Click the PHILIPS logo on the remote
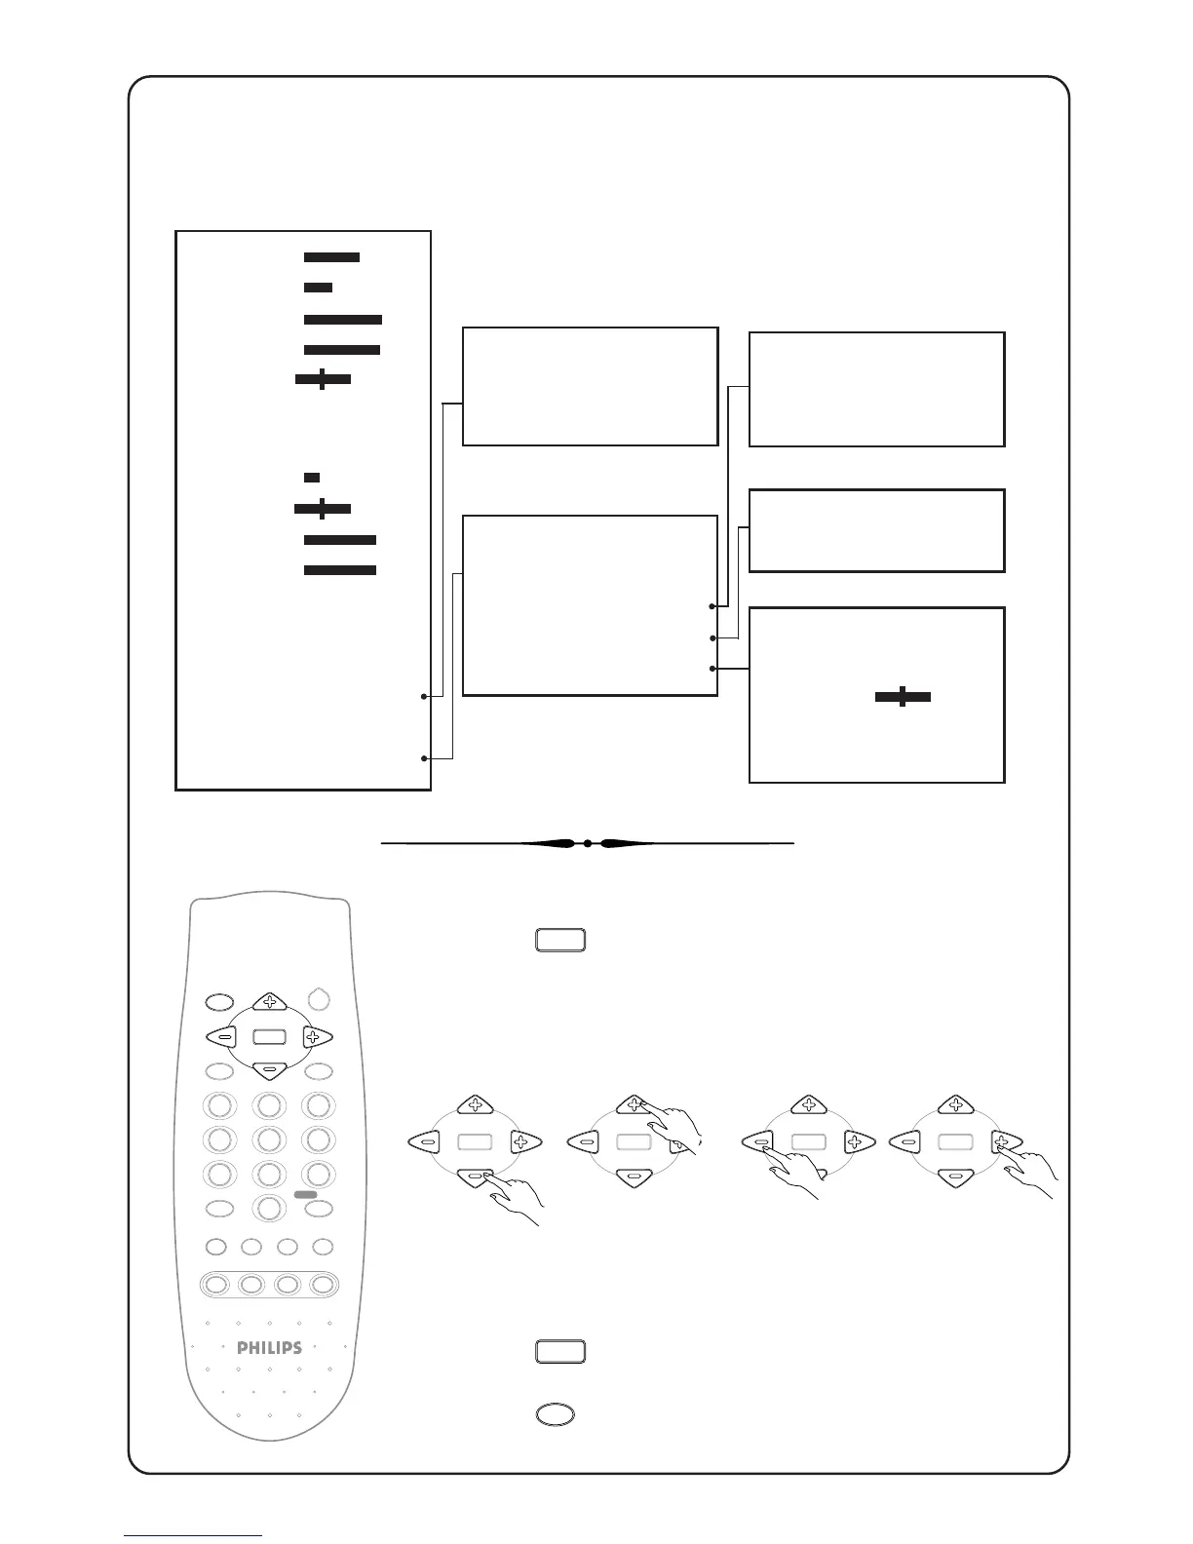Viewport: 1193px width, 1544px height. tap(270, 1348)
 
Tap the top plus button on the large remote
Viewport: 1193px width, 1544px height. tap(269, 1001)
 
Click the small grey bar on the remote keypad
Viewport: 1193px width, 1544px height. tap(305, 1194)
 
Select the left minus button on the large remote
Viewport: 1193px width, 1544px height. tap(223, 1037)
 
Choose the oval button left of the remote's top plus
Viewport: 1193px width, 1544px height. tap(220, 1001)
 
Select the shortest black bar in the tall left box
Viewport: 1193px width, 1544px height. tap(312, 477)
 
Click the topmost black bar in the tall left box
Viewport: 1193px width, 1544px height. tap(331, 257)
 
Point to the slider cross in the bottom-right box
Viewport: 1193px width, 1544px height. tap(903, 696)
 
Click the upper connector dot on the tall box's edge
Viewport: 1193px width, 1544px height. tap(424, 696)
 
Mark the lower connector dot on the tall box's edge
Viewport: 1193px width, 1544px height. tap(424, 758)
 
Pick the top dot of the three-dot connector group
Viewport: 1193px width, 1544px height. tap(713, 606)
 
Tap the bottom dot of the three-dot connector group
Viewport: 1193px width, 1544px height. tap(713, 669)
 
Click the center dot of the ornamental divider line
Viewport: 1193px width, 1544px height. tap(588, 843)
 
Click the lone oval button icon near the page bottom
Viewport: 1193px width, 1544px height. tap(555, 1414)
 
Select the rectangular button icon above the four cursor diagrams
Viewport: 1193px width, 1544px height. tap(559, 940)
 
